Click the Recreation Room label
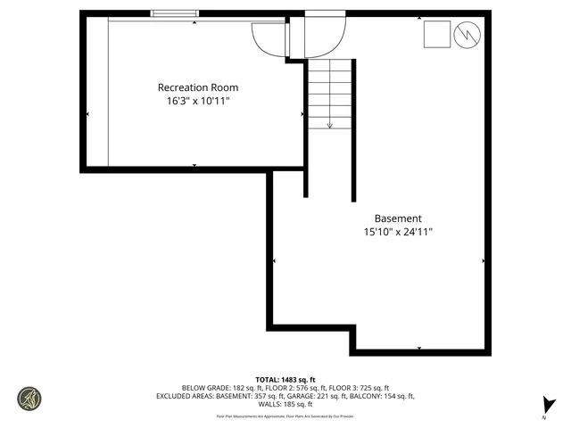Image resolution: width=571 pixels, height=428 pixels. pyautogui.click(x=198, y=87)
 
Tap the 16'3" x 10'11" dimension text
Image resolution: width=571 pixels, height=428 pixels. pyautogui.click(x=198, y=102)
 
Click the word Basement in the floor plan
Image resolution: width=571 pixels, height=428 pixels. pyautogui.click(x=398, y=218)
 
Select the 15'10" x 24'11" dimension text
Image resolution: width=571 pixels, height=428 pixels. pyautogui.click(x=398, y=233)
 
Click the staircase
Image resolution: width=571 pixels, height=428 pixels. pyautogui.click(x=330, y=93)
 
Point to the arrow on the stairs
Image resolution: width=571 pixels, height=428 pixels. pyautogui.click(x=330, y=124)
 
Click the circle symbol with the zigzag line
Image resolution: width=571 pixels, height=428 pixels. pyautogui.click(x=467, y=35)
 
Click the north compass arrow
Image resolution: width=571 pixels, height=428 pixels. pyautogui.click(x=549, y=406)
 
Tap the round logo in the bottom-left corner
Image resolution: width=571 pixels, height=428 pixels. pyautogui.click(x=29, y=398)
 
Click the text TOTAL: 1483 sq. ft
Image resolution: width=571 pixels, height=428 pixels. pyautogui.click(x=285, y=380)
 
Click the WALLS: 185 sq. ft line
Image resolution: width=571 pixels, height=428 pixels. pyautogui.click(x=285, y=404)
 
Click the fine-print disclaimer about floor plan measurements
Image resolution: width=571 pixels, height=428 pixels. pyautogui.click(x=285, y=416)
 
